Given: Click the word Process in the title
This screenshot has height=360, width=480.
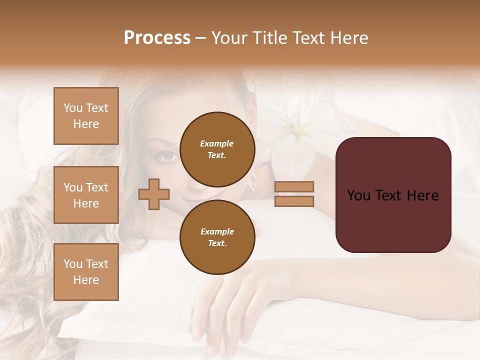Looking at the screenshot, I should click(157, 38).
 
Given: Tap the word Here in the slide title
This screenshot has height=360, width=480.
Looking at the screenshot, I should click(348, 38).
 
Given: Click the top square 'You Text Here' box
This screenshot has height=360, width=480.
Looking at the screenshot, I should click(86, 116).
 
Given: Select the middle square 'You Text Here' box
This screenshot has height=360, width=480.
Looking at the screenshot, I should click(86, 195).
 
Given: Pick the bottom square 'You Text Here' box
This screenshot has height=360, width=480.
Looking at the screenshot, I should click(86, 272).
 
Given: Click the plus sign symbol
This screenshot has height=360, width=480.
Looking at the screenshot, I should click(154, 194).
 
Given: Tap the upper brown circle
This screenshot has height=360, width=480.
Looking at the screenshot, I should click(217, 149).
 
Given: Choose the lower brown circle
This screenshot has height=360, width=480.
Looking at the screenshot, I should click(217, 237).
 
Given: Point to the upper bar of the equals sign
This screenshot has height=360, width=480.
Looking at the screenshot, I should click(294, 186).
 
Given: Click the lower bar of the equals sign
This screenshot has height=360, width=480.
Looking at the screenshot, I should click(294, 201).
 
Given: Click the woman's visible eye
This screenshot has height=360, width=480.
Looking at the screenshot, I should click(167, 155).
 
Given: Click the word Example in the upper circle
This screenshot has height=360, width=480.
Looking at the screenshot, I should click(216, 143).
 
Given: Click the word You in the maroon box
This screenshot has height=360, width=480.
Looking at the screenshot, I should click(358, 195).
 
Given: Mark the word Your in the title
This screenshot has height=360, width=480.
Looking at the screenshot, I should click(229, 38).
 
